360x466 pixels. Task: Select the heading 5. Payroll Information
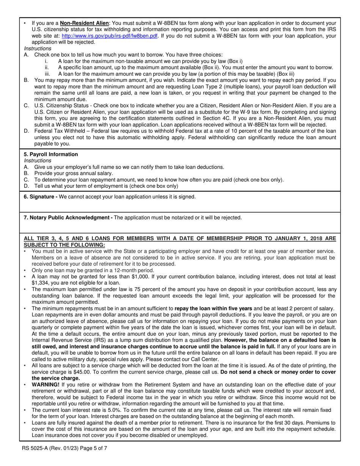click(51, 154)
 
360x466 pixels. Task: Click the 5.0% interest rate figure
click(105, 410)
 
